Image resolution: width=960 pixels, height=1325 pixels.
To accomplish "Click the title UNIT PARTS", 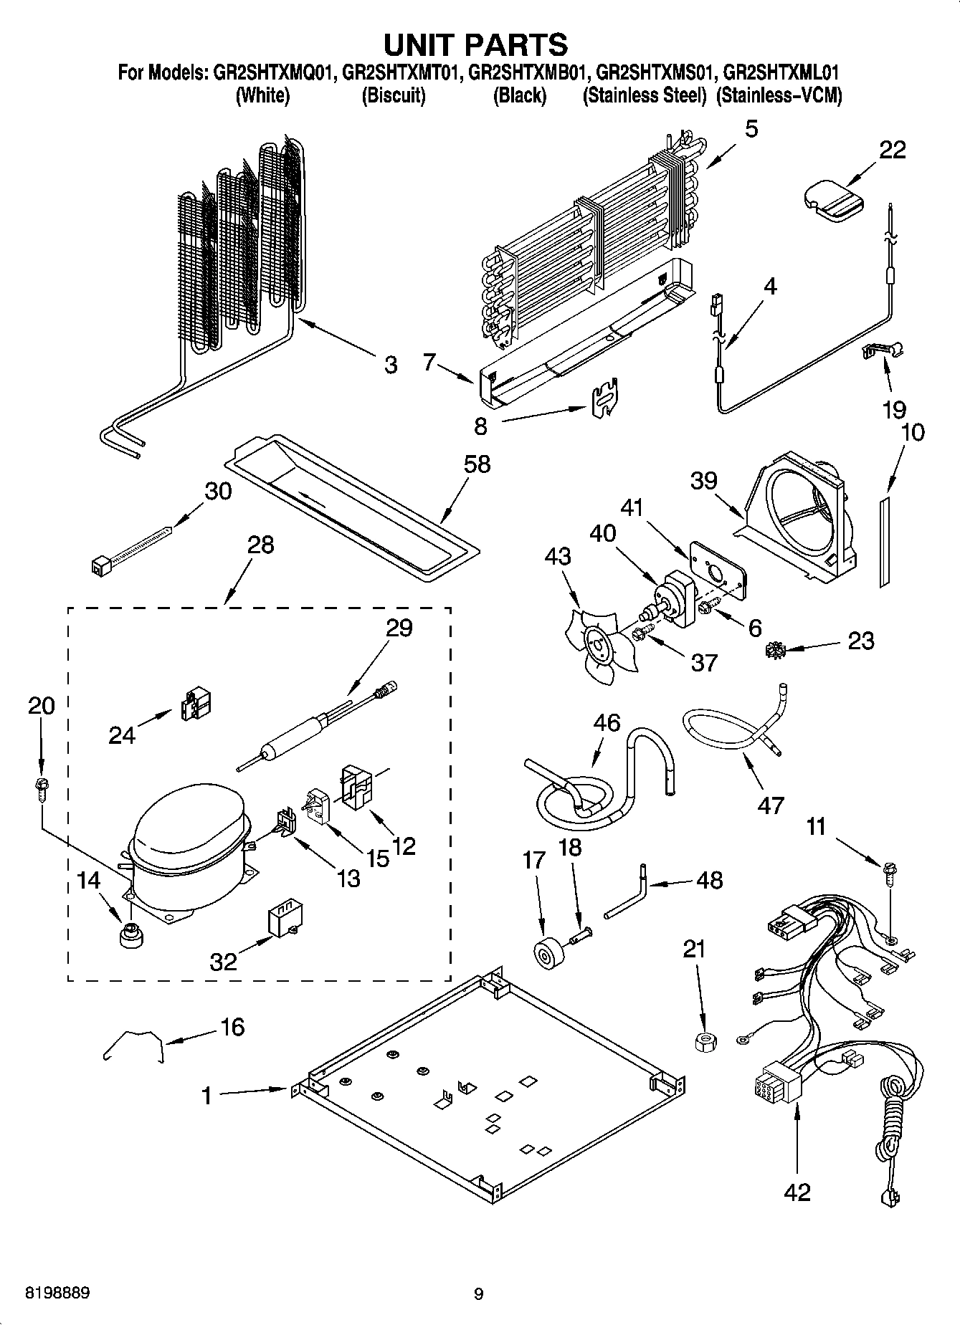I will (476, 44).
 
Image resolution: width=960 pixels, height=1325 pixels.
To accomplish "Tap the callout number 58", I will (477, 464).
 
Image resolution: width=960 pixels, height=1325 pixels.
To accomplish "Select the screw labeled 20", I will (42, 789).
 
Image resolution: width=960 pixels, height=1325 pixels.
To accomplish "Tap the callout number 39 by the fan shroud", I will (703, 480).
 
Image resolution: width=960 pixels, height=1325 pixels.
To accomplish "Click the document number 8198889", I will (57, 1293).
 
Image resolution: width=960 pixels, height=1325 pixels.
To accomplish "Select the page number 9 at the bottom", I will (478, 1294).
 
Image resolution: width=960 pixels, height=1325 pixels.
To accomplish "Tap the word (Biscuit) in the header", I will (393, 95).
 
